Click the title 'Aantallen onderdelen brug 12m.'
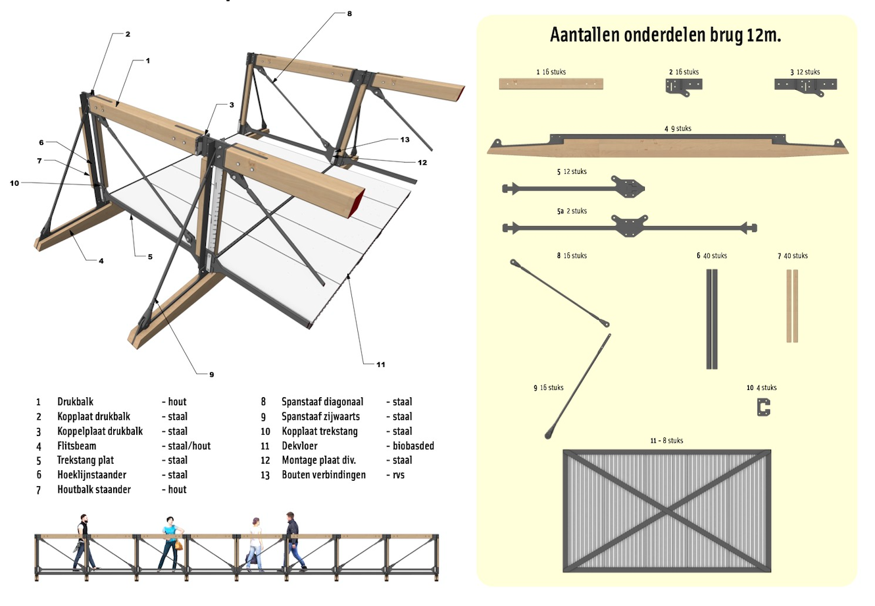(x=665, y=35)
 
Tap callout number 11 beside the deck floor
(x=380, y=364)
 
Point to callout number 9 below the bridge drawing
(x=211, y=374)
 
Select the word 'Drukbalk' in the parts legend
(x=75, y=402)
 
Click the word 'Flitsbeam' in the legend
(x=76, y=446)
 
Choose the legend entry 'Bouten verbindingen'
(x=323, y=475)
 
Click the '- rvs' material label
(x=396, y=475)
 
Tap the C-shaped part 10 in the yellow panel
(x=763, y=408)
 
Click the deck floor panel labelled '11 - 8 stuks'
(x=667, y=510)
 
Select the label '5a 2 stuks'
(x=572, y=211)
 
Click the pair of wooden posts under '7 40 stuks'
(x=792, y=306)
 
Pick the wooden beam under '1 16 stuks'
(x=551, y=84)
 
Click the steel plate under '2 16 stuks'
(x=684, y=86)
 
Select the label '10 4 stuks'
(x=761, y=388)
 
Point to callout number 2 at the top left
(x=128, y=34)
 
